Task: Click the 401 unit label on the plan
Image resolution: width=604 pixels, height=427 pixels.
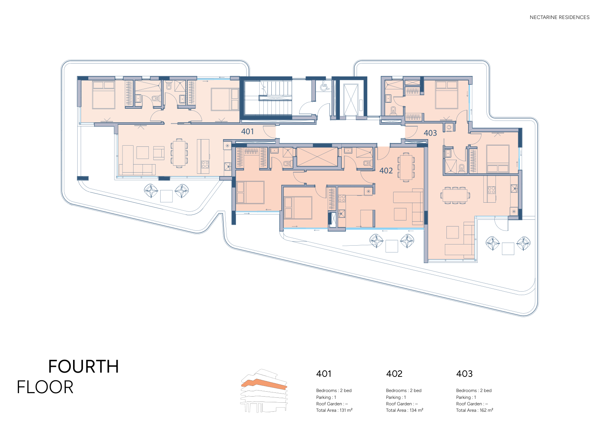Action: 247,132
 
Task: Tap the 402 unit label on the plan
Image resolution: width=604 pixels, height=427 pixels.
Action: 386,170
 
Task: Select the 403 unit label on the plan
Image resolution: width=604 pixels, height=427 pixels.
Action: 430,133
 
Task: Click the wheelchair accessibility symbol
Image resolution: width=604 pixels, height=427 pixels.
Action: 324,87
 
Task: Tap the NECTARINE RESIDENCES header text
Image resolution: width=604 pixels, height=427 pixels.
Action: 559,17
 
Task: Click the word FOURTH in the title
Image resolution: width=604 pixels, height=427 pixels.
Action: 83,367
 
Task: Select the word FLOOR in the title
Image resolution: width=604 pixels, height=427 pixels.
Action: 45,387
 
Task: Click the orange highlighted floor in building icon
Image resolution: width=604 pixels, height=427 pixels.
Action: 264,384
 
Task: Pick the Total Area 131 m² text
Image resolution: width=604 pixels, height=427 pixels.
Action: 334,410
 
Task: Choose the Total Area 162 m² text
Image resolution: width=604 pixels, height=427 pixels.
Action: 475,410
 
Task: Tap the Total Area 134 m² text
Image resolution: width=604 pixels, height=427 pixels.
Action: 405,410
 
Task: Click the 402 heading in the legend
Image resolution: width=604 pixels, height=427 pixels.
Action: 394,374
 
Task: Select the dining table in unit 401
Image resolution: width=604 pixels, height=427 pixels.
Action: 179,153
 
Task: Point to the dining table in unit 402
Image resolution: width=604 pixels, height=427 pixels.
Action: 406,167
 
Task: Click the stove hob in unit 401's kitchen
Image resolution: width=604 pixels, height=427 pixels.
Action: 205,164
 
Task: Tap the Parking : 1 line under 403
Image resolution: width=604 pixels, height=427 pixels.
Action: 466,397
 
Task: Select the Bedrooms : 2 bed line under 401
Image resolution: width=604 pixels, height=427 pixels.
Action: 334,390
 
